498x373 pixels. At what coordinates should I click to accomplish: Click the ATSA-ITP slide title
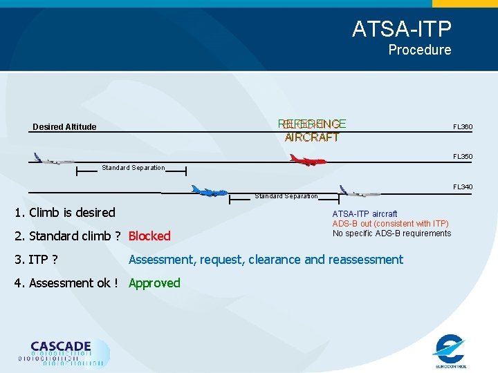click(x=401, y=29)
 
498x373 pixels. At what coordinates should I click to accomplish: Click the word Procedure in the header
click(x=419, y=50)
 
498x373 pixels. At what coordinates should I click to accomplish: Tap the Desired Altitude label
click(x=64, y=127)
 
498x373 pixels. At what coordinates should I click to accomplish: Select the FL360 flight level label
click(x=463, y=127)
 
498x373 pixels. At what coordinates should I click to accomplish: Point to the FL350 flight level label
click(x=463, y=157)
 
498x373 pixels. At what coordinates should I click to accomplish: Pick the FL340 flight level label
click(x=463, y=187)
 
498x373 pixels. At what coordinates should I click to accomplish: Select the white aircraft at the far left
click(x=53, y=160)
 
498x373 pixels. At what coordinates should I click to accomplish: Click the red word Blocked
click(x=149, y=236)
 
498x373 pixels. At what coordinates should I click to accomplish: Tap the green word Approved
click(x=154, y=283)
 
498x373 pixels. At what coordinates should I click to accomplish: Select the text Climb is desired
click(x=71, y=212)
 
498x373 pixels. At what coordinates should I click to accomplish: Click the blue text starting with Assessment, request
click(x=266, y=260)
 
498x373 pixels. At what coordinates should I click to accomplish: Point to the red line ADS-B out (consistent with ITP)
click(x=390, y=224)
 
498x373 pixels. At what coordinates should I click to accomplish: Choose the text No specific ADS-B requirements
click(x=391, y=233)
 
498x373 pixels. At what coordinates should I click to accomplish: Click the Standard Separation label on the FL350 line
click(x=133, y=168)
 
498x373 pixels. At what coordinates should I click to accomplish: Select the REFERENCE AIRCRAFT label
click(x=312, y=131)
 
